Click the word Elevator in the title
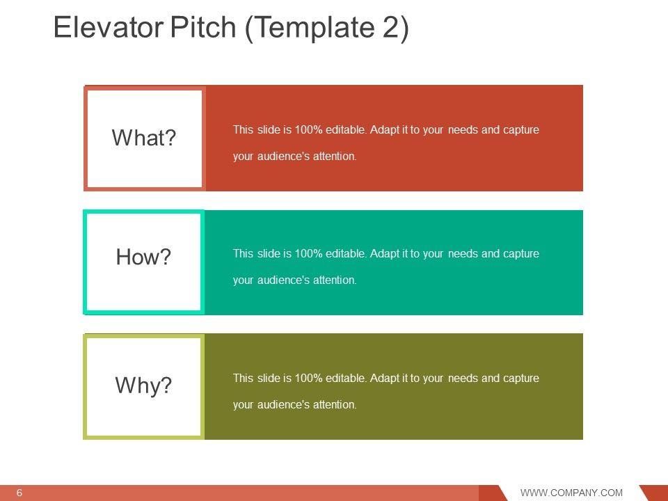109,27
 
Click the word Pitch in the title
202,27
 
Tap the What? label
143,138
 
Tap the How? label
143,257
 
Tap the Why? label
143,385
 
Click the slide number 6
19,493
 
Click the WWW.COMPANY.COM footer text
571,493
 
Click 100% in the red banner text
308,129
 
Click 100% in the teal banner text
308,253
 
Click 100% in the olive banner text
308,378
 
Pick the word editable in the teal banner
346,253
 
